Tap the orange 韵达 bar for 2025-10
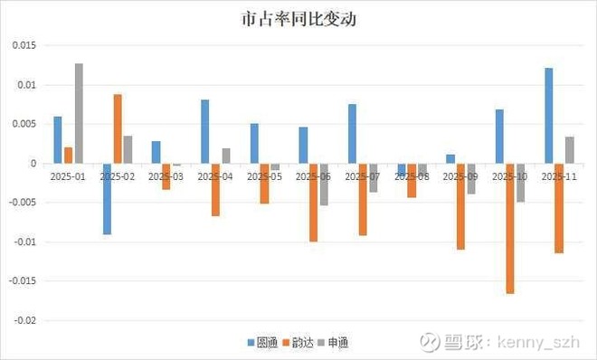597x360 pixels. coord(510,229)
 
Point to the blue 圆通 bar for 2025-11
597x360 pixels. coord(548,116)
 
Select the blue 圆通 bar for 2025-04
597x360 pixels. coord(204,131)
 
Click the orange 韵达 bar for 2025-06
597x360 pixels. coord(313,203)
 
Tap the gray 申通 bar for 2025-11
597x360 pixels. coord(569,150)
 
